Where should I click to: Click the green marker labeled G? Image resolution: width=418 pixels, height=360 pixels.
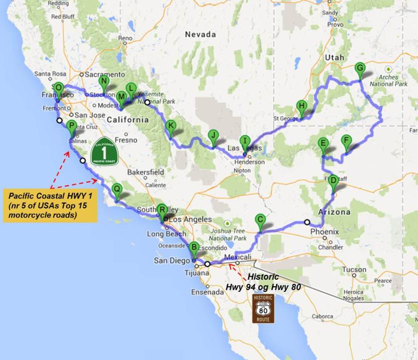coord(359,69)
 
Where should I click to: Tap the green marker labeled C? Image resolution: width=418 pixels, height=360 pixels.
coord(260,220)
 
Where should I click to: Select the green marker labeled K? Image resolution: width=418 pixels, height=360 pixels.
coord(171,126)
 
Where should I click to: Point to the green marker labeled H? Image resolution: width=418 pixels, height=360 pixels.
coord(301,106)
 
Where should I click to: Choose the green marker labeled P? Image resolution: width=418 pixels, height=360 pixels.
coord(71,126)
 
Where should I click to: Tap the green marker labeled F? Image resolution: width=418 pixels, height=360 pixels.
coord(345,140)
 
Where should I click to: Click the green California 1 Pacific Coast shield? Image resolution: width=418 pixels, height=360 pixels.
coord(104,150)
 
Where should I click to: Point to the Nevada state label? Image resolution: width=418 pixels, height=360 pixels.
coord(200,35)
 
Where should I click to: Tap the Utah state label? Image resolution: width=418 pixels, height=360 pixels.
coord(335,58)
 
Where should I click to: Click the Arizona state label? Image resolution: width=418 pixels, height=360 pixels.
coord(334,212)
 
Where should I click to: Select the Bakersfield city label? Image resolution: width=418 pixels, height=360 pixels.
coord(145,172)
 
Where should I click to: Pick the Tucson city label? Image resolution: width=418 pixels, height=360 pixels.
coord(354,269)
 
